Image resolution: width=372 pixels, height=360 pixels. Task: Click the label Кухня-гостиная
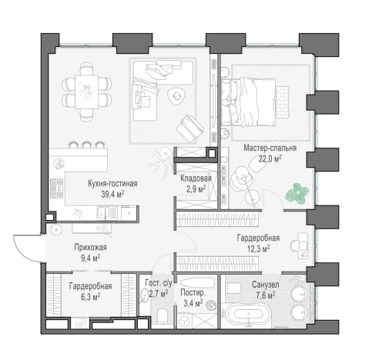(112, 184)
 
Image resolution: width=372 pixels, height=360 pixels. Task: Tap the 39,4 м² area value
(112, 194)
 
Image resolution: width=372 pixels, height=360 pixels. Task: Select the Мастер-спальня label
(270, 148)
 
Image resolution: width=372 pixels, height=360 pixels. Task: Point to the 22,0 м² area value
(270, 158)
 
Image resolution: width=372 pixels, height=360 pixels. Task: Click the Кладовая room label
(196, 178)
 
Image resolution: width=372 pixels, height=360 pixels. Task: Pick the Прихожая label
(90, 248)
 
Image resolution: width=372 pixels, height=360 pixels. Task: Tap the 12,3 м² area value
(258, 248)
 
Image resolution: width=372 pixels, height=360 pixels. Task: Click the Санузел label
(266, 285)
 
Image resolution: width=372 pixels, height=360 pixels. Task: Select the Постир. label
(193, 292)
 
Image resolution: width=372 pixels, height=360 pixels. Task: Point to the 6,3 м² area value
(90, 297)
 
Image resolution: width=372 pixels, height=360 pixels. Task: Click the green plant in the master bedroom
(297, 193)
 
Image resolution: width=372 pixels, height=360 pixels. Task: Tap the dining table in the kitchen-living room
(86, 92)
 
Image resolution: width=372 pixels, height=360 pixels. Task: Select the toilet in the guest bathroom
(163, 316)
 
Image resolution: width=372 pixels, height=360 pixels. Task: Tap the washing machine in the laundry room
(184, 321)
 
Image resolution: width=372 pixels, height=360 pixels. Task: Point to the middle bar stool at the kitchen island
(86, 145)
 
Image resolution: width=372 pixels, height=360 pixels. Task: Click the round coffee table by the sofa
(176, 95)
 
